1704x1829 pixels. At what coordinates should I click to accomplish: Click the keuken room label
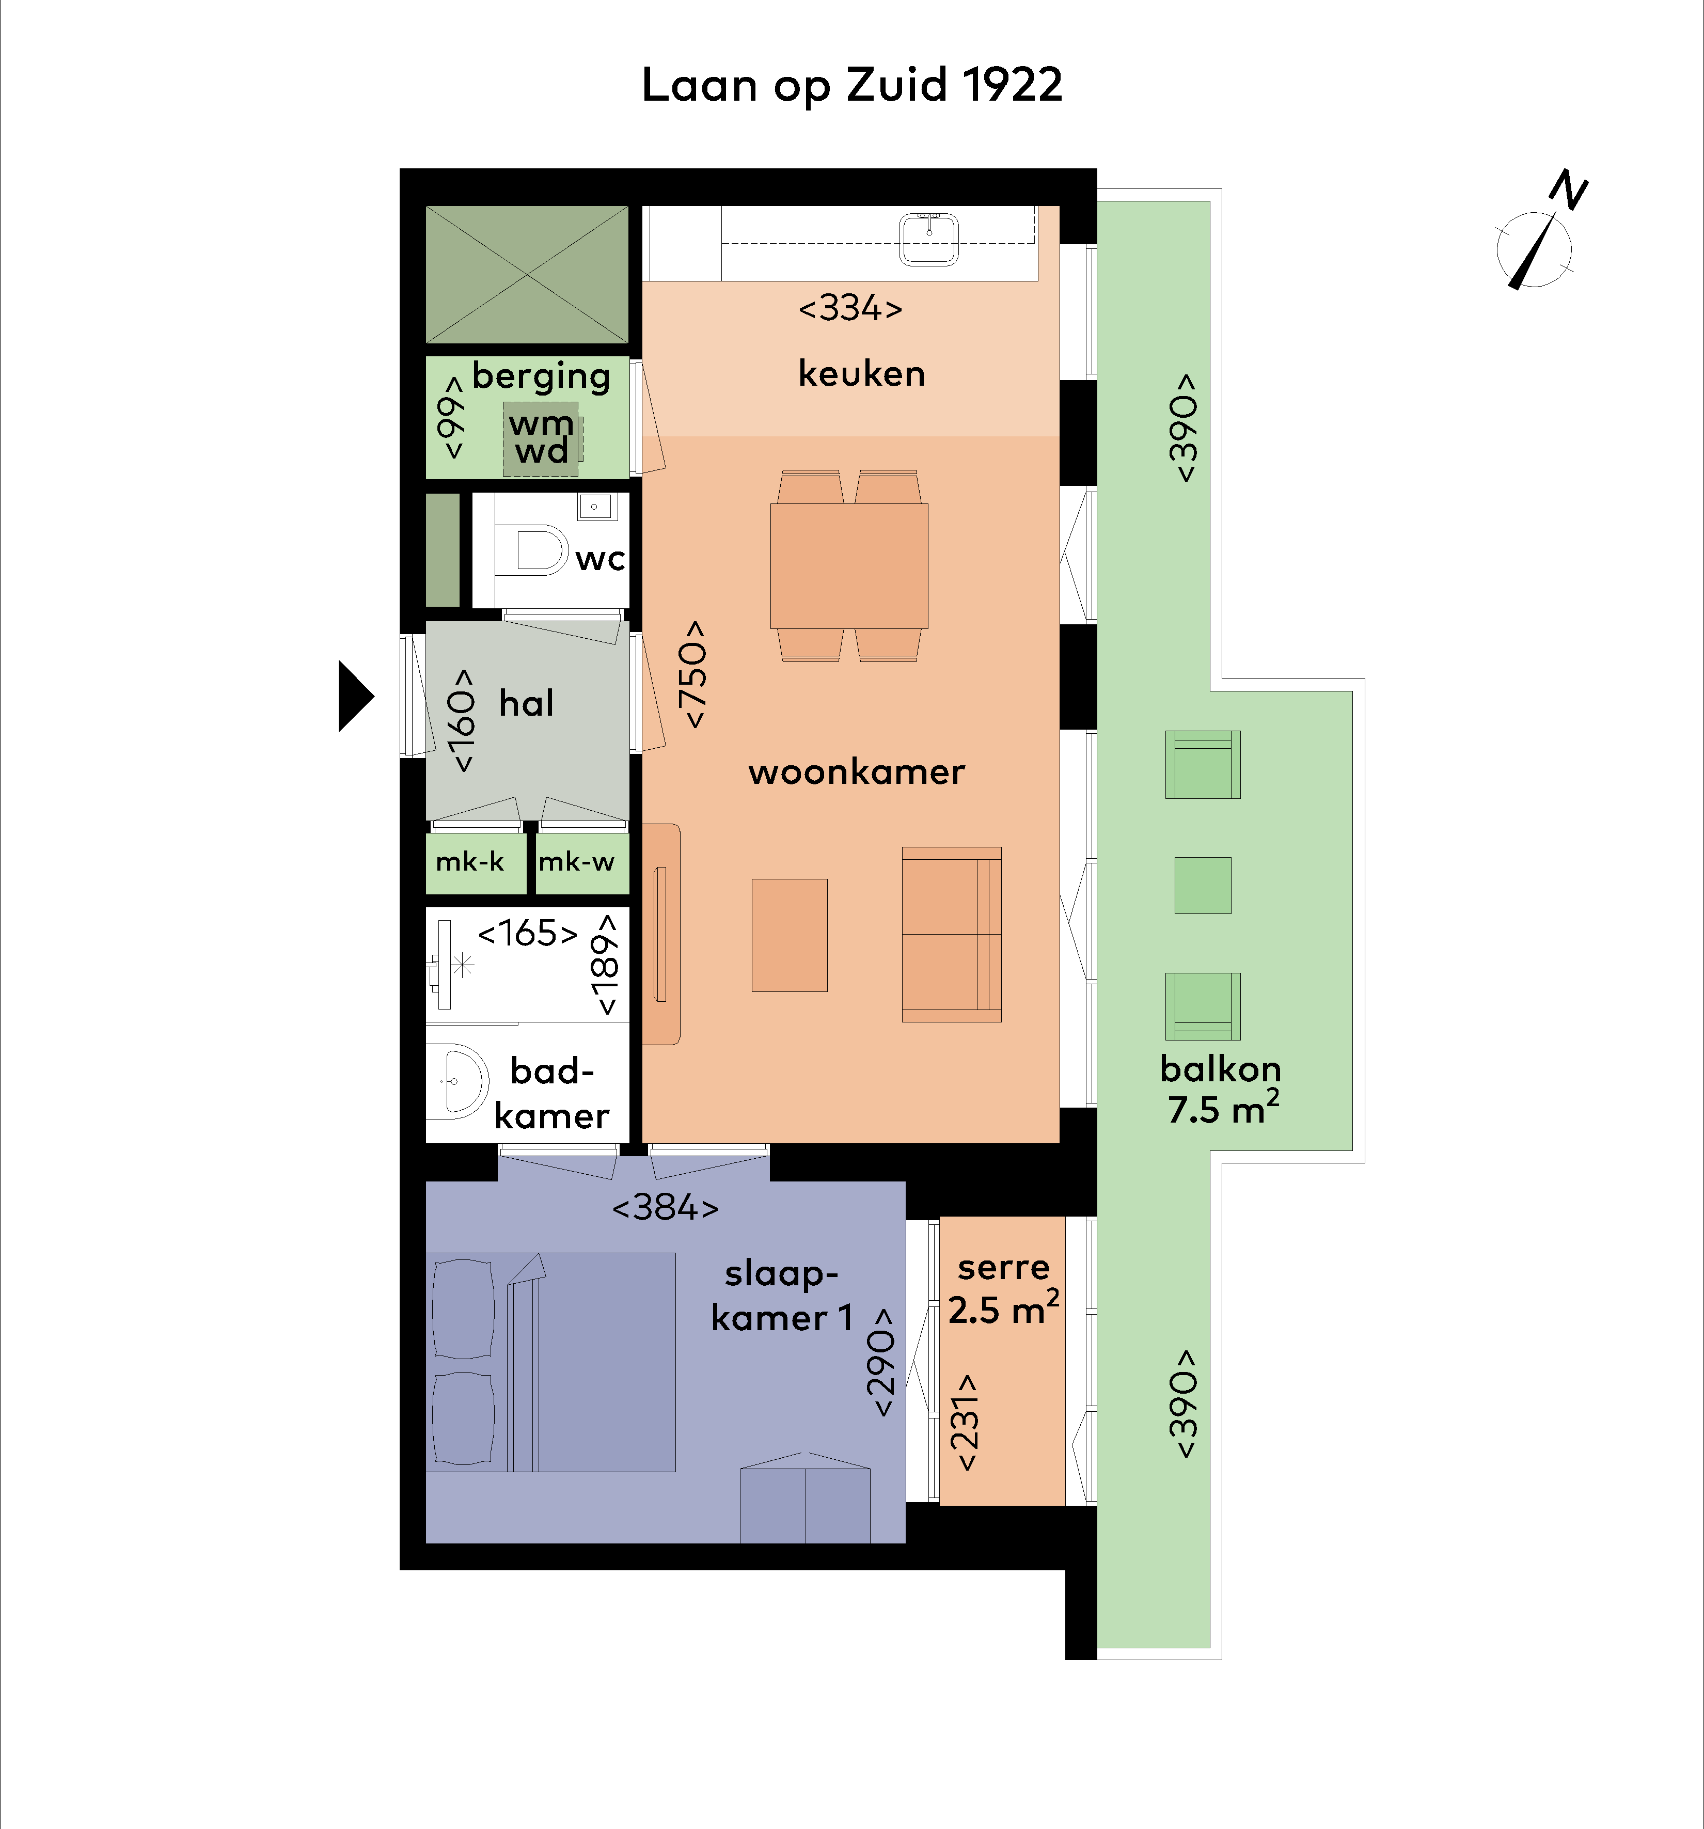click(x=861, y=373)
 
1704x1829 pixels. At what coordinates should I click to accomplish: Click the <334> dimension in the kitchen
click(x=850, y=308)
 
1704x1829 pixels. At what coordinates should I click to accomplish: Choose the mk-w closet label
click(x=576, y=862)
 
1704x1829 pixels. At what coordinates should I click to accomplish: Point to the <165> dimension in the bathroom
click(x=527, y=933)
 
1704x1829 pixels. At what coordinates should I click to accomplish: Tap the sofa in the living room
click(x=951, y=934)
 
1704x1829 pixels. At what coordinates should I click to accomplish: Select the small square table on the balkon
click(x=1203, y=885)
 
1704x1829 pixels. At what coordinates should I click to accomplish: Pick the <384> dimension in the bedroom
click(x=665, y=1207)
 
